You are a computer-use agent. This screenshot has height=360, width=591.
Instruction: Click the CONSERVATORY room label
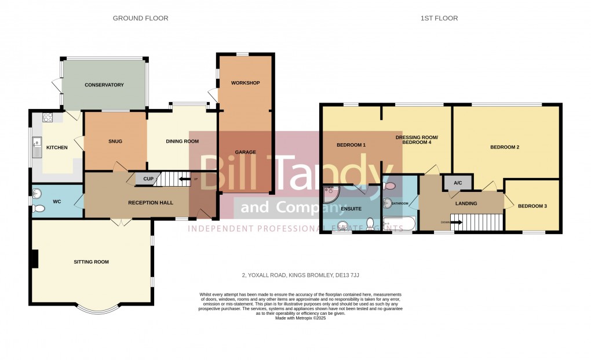[104, 85]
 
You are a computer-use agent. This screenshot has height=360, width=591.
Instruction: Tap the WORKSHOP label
[245, 83]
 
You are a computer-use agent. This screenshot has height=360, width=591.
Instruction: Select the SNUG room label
[115, 141]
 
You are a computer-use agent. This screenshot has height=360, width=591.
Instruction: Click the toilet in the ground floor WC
[38, 208]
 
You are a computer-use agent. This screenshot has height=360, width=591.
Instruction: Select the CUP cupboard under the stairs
[148, 179]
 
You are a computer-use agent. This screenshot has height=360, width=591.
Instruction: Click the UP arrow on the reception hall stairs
[185, 179]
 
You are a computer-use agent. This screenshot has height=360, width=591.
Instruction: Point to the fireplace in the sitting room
[35, 259]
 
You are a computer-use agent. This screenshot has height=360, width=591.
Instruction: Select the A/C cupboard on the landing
[458, 183]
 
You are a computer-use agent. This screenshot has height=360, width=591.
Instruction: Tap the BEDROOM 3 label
[532, 206]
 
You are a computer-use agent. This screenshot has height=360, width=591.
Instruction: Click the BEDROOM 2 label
[504, 147]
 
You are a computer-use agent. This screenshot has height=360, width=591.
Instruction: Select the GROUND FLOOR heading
[140, 19]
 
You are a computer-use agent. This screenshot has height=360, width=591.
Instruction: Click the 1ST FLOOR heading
[439, 19]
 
